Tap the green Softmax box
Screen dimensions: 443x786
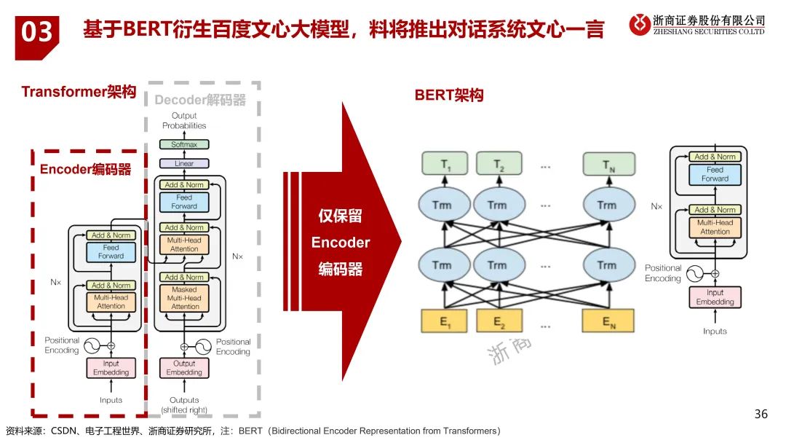184,144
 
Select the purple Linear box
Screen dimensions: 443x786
184,164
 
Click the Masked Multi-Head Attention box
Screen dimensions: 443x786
184,298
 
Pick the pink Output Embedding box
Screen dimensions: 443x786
184,368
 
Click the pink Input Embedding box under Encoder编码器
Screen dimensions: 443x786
111,368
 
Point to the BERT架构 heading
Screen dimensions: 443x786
448,95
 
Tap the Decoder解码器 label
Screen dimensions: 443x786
200,100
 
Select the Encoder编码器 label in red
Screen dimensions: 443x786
86,170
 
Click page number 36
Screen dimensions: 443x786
761,415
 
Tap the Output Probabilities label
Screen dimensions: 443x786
184,121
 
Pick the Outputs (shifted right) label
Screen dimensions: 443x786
184,404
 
